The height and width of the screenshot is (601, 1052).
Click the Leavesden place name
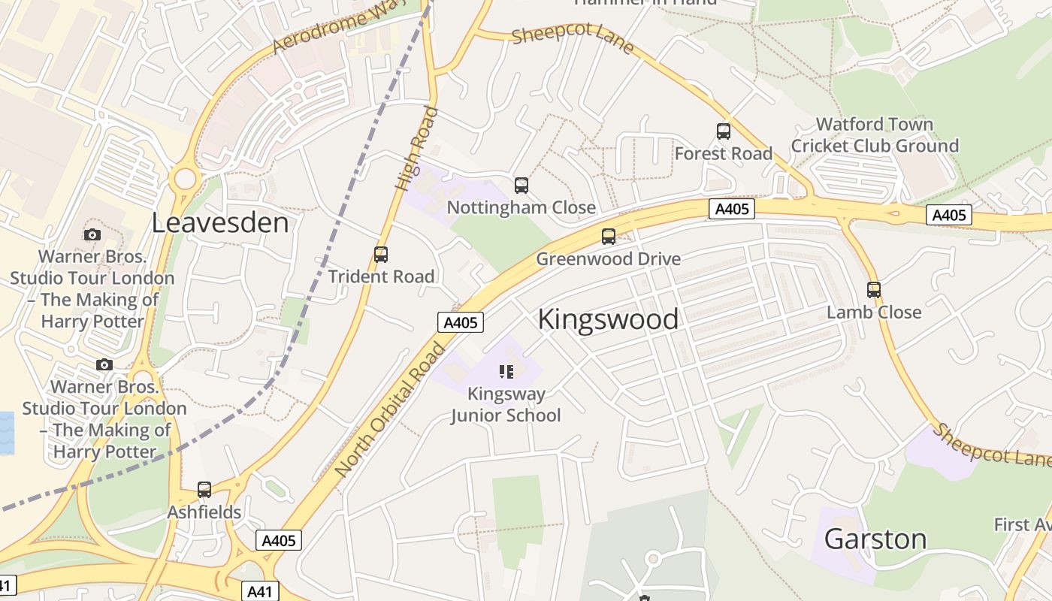[220, 223]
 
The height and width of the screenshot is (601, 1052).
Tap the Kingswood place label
[608, 319]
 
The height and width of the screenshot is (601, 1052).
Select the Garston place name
[875, 539]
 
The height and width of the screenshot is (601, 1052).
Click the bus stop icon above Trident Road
[381, 255]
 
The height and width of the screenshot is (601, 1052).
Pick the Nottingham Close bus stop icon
[521, 186]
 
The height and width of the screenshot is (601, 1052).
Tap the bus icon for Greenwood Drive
[609, 237]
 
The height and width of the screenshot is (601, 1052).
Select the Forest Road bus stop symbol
[724, 131]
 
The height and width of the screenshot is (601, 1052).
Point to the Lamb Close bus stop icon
[873, 290]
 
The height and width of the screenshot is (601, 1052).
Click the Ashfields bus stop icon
[204, 490]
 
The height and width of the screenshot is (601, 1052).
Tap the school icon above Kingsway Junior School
[506, 371]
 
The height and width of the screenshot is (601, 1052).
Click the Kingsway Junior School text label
[506, 404]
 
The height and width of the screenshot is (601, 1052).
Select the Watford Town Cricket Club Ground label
[875, 135]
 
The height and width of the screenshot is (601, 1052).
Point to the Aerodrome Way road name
[338, 26]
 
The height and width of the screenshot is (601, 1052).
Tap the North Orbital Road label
[391, 409]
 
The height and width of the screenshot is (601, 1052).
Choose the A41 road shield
[259, 591]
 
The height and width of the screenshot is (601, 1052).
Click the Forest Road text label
[724, 154]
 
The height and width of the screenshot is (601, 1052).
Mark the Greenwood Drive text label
[608, 259]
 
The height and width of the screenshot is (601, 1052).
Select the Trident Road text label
[381, 276]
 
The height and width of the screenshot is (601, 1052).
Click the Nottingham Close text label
[521, 208]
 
